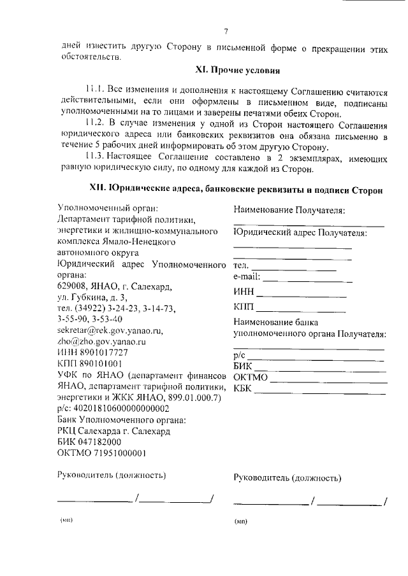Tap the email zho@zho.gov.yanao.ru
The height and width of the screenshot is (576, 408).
click(101, 341)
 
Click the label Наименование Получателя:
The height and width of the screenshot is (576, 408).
click(289, 209)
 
